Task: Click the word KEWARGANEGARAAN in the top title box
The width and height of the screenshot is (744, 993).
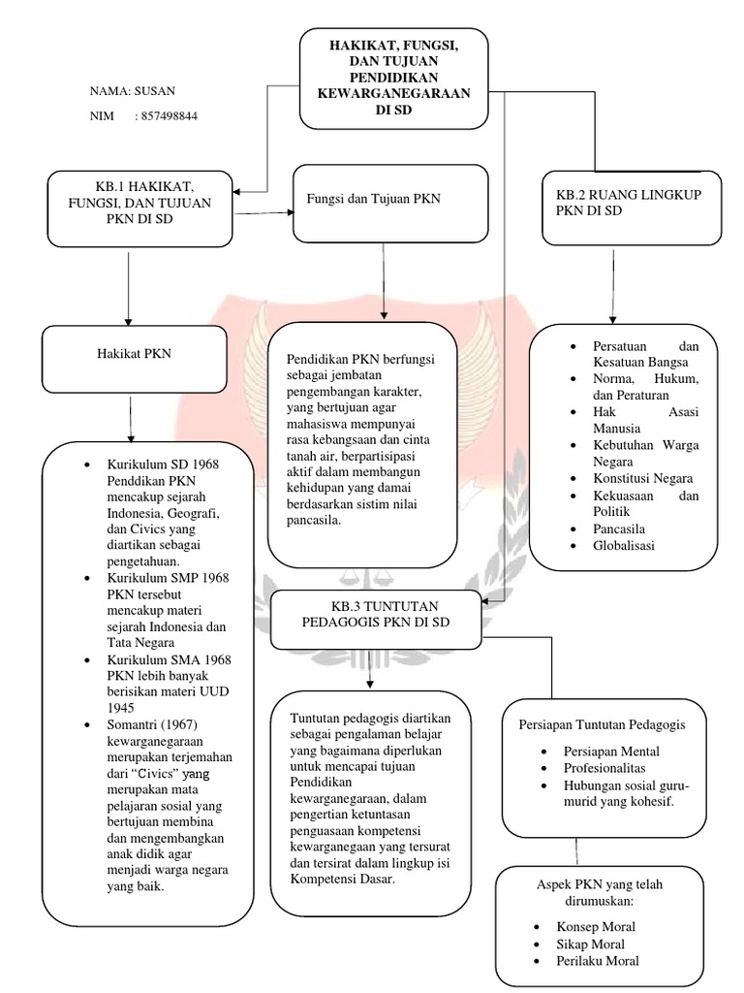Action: tap(393, 93)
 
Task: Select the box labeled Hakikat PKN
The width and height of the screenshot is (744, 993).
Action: tap(135, 354)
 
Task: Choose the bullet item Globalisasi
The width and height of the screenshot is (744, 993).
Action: tap(624, 545)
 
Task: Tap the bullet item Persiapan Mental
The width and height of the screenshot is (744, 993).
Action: tap(612, 752)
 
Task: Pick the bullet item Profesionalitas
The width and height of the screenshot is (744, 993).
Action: tap(610, 768)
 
